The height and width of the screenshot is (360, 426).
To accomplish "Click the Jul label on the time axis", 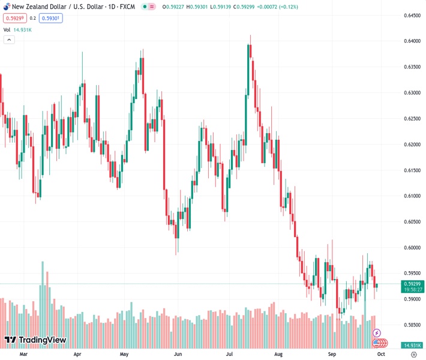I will coord(230,354).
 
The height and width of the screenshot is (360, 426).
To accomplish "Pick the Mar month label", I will coord(24,354).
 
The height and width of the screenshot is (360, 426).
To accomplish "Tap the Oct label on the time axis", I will coord(381,354).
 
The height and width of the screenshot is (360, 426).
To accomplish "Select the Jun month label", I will coord(178,354).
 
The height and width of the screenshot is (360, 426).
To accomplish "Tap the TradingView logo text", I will coord(42,340).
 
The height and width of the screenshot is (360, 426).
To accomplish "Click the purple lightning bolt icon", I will coord(377,332).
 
